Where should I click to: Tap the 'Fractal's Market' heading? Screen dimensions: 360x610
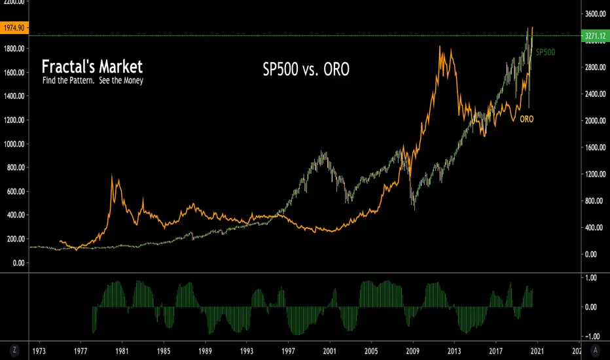(92, 67)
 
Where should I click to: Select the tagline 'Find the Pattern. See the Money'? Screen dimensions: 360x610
(92, 81)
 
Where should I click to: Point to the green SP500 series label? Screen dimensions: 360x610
(546, 52)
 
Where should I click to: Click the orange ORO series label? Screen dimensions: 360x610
(526, 120)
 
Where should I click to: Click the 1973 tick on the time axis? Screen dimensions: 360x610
(39, 351)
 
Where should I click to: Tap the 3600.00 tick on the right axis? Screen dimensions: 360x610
(595, 14)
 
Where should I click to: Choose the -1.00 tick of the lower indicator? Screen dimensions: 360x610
(592, 336)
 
